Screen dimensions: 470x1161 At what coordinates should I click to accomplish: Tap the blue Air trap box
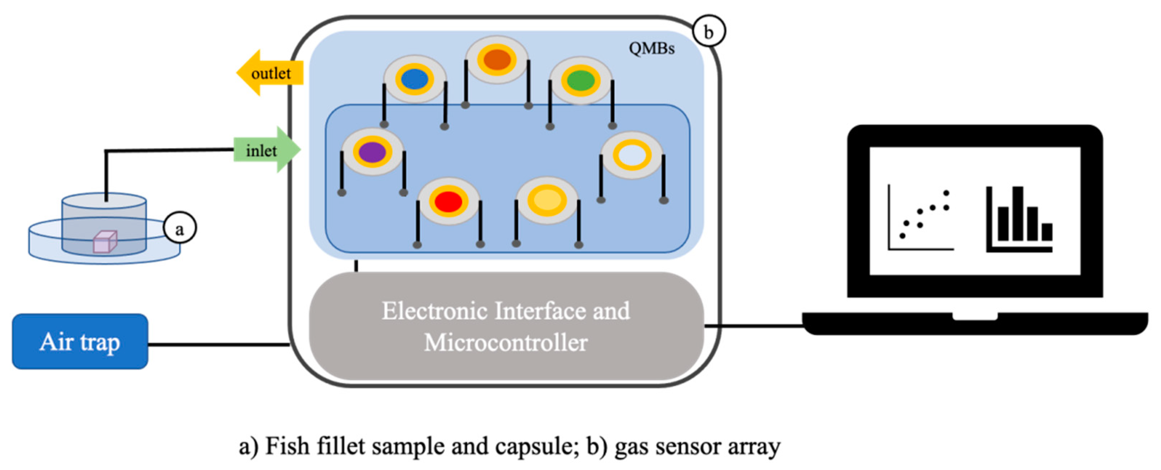point(80,342)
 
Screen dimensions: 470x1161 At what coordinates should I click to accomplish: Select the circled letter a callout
point(179,228)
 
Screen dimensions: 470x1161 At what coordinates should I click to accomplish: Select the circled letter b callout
point(708,32)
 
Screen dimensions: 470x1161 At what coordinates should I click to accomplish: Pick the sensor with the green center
point(580,81)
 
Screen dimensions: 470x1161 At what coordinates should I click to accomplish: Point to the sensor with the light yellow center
point(547,199)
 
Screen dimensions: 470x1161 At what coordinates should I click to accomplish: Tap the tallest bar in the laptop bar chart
point(1018,213)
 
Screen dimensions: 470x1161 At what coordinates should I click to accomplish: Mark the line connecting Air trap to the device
point(219,345)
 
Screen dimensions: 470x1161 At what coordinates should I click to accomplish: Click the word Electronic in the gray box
point(435,311)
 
